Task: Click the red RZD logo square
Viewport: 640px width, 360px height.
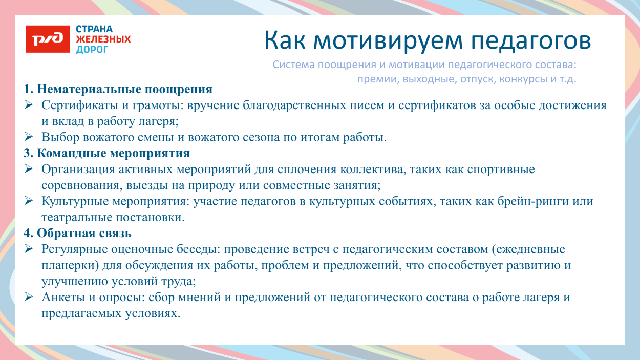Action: pyautogui.click(x=48, y=39)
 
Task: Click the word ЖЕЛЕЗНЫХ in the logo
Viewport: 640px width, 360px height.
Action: pyautogui.click(x=103, y=39)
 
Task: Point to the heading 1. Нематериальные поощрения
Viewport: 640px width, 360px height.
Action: pyautogui.click(x=118, y=90)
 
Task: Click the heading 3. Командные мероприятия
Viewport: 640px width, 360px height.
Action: pyautogui.click(x=106, y=154)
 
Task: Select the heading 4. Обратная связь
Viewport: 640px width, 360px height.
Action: pyautogui.click(x=77, y=234)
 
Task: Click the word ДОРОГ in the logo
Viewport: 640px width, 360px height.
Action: pyautogui.click(x=92, y=50)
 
